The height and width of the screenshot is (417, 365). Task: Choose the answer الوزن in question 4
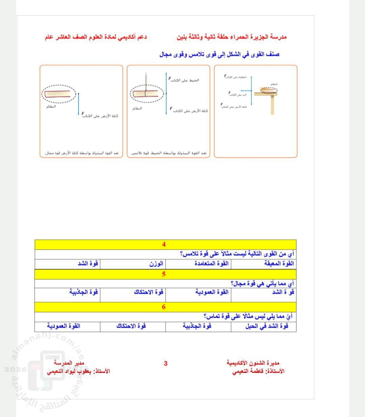(x=156, y=264)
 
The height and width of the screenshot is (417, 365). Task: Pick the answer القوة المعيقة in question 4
(x=279, y=264)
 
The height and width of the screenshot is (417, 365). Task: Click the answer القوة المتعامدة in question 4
(x=212, y=264)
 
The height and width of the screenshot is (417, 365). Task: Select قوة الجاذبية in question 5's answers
(x=83, y=292)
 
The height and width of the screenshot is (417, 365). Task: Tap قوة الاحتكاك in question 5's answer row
(x=148, y=292)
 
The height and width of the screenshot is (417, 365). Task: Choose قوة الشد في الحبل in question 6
(x=267, y=326)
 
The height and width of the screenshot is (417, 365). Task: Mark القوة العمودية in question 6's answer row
(x=64, y=326)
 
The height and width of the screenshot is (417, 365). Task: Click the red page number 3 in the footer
(x=166, y=364)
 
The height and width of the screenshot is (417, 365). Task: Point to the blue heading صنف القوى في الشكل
(x=219, y=54)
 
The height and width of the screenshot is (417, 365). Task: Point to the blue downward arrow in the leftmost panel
(x=78, y=105)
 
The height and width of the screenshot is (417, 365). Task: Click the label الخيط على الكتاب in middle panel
(x=185, y=80)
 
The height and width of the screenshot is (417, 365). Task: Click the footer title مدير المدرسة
(x=69, y=363)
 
